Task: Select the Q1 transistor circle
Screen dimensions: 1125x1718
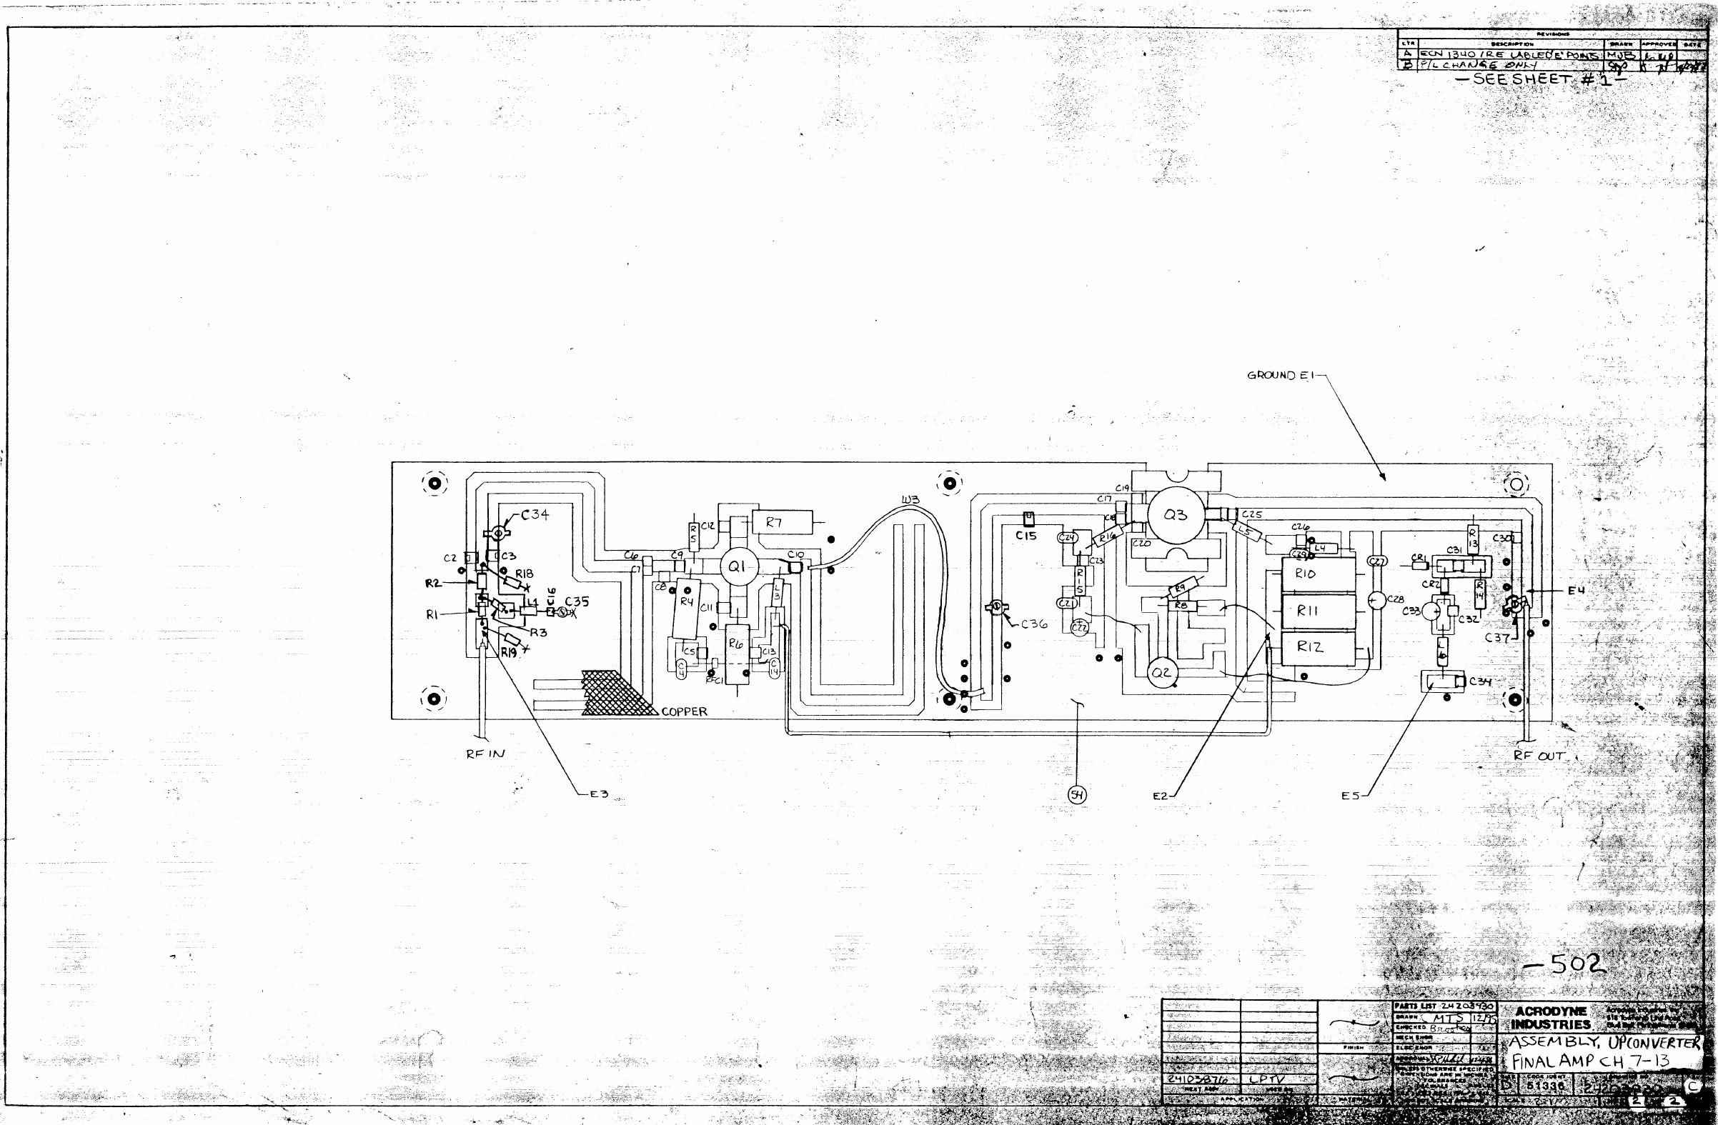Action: (738, 567)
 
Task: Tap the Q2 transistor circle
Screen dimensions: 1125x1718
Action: (1161, 673)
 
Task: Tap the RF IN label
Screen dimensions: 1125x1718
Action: (485, 754)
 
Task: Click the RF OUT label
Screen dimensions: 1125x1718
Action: (1539, 756)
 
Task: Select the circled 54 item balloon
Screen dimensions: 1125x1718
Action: (1077, 794)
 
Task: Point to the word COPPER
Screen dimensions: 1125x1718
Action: (685, 711)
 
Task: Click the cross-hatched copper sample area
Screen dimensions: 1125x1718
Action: (614, 694)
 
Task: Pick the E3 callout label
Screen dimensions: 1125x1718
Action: (599, 794)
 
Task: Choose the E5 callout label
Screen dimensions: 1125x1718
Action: (1350, 795)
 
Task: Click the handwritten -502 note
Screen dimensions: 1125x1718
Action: (1566, 964)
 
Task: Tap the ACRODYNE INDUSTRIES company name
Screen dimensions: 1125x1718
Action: (1551, 1018)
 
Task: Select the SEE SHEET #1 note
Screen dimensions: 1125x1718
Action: (1541, 79)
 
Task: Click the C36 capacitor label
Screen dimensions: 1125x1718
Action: (1033, 624)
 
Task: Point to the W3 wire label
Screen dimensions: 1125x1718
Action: (910, 499)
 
